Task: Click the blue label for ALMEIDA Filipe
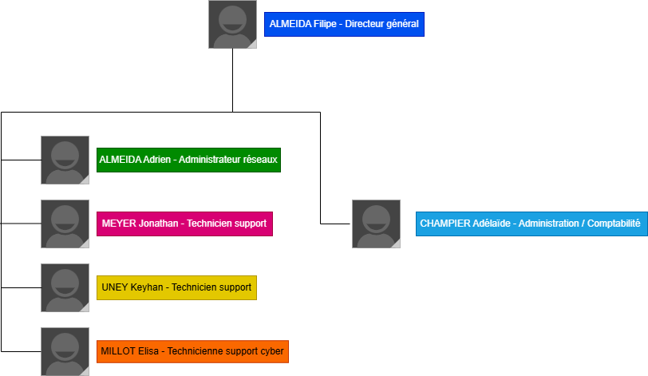[344, 24]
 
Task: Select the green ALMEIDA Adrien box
[188, 160]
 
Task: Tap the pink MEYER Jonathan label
[184, 224]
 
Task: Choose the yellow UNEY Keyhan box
[176, 287]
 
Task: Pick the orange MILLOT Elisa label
[192, 351]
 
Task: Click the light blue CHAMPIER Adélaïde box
[530, 224]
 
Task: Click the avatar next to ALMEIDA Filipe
[232, 24]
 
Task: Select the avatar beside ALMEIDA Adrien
[65, 160]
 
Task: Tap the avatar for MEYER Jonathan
[65, 224]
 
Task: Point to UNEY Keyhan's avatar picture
[65, 287]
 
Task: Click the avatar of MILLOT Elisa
[65, 351]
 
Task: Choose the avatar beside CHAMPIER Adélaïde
[376, 224]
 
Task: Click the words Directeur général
[381, 24]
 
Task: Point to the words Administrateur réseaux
[228, 160]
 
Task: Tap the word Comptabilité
[614, 224]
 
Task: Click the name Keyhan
[147, 287]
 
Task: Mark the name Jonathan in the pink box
[158, 224]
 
